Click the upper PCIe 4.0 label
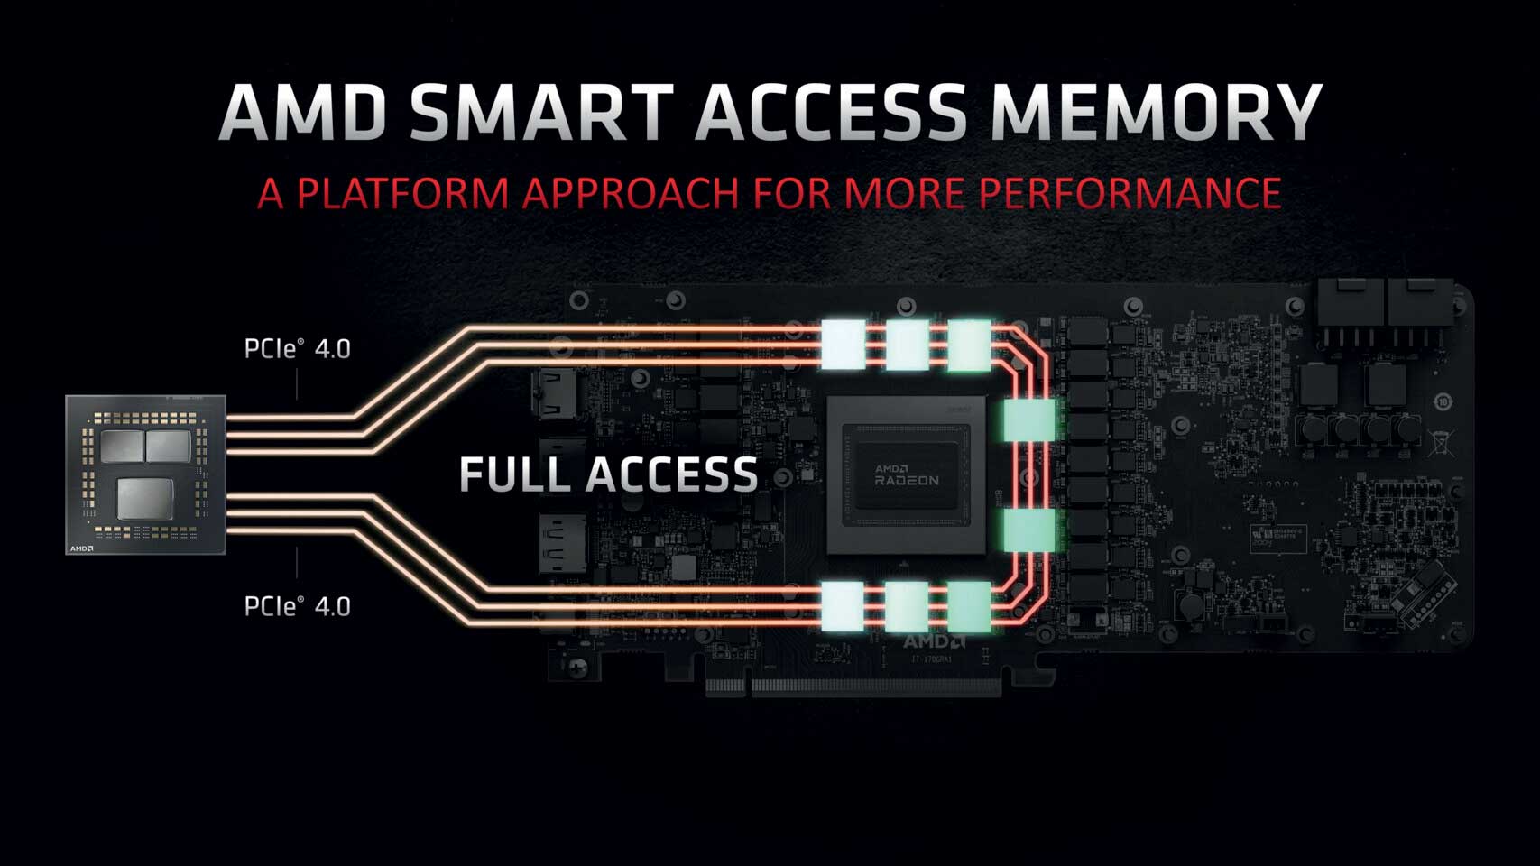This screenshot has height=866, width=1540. pyautogui.click(x=297, y=348)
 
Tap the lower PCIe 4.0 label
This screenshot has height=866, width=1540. pyautogui.click(x=297, y=606)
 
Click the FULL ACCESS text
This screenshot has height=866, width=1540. pyautogui.click(x=608, y=475)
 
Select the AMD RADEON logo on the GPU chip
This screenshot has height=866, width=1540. pyautogui.click(x=906, y=474)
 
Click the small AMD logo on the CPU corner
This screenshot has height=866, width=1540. pyautogui.click(x=82, y=548)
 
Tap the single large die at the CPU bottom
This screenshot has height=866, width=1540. pyautogui.click(x=144, y=498)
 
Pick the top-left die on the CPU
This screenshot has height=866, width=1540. pyautogui.click(x=122, y=446)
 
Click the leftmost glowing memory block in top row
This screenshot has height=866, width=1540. pyautogui.click(x=844, y=344)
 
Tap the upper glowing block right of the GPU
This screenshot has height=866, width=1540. pyautogui.click(x=1028, y=420)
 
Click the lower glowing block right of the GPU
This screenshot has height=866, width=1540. pyautogui.click(x=1028, y=530)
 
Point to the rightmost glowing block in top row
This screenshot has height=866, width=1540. pyautogui.click(x=969, y=345)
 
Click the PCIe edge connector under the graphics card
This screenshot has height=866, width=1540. pyautogui.click(x=853, y=686)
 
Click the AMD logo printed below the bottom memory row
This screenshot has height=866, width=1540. pyautogui.click(x=933, y=641)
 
